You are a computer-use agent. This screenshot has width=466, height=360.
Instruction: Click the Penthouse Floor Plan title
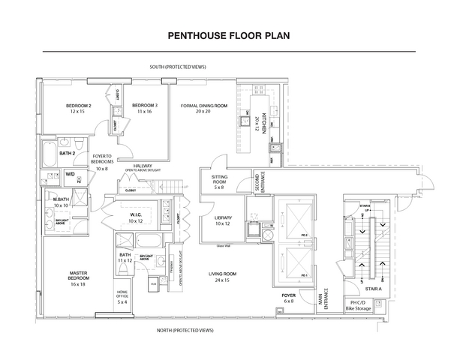[x=232, y=34]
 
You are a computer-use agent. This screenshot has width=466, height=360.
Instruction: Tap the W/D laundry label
[x=71, y=174]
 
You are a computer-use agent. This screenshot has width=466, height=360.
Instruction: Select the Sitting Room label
[x=220, y=182]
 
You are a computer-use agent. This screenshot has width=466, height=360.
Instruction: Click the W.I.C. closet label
[x=135, y=217]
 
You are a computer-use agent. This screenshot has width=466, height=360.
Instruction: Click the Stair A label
[x=373, y=288]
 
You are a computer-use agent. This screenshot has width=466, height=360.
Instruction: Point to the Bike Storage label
[x=359, y=308]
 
